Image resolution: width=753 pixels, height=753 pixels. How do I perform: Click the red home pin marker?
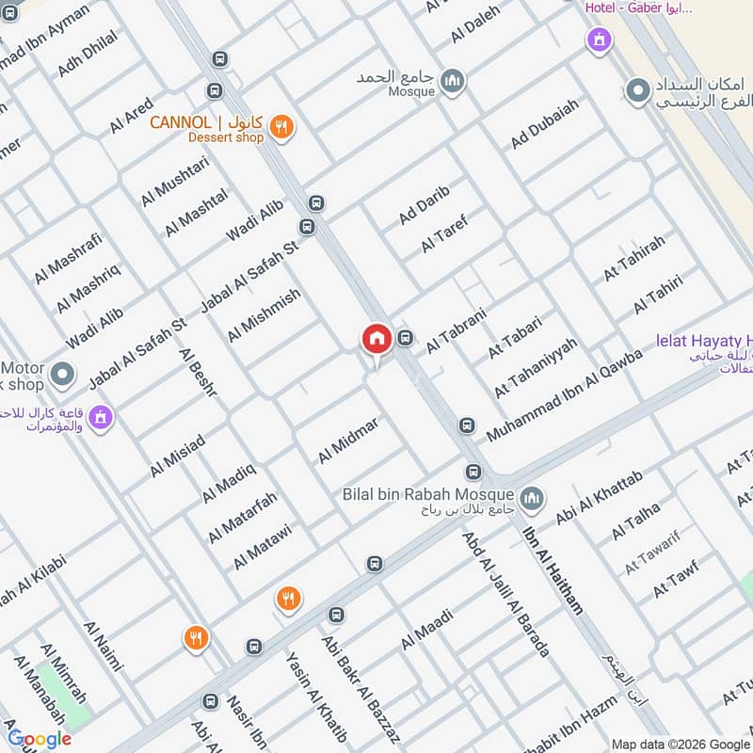(x=376, y=340)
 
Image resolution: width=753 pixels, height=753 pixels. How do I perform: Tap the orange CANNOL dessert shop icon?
(x=280, y=126)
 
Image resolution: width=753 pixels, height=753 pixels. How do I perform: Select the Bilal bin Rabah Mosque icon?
(x=532, y=497)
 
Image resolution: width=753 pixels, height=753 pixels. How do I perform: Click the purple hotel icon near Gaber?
(x=598, y=40)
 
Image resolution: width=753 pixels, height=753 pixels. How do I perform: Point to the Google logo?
(x=40, y=739)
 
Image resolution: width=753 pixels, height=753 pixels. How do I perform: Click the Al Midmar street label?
(x=347, y=440)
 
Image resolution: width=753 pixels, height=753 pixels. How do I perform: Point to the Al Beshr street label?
(x=197, y=372)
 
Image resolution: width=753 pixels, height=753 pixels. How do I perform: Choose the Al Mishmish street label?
(x=264, y=314)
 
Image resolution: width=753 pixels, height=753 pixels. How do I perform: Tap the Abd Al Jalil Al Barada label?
(x=505, y=593)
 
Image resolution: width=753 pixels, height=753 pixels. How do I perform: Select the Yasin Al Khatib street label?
(x=316, y=696)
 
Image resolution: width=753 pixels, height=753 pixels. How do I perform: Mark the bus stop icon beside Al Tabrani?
(x=406, y=338)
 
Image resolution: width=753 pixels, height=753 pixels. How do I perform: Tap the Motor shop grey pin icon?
(x=62, y=376)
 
